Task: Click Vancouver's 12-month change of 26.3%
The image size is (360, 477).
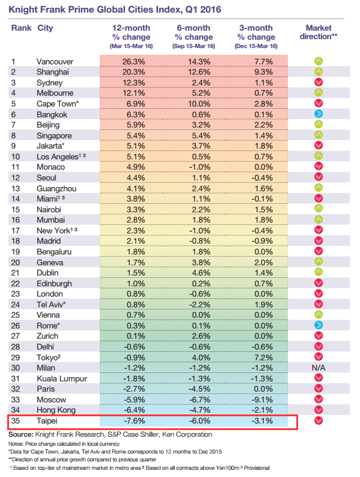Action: pyautogui.click(x=133, y=61)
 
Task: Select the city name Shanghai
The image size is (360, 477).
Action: pyautogui.click(x=53, y=72)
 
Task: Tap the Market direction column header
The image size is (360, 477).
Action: pyautogui.click(x=319, y=32)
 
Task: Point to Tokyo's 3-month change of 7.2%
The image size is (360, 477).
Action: pyautogui.click(x=263, y=357)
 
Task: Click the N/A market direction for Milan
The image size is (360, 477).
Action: pyautogui.click(x=319, y=368)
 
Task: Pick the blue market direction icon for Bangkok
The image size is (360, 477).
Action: pyautogui.click(x=319, y=114)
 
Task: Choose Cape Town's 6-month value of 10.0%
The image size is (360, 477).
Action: pyautogui.click(x=199, y=103)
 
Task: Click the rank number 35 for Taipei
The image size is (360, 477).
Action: pyautogui.click(x=16, y=420)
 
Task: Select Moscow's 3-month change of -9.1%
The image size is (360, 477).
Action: pyautogui.click(x=262, y=400)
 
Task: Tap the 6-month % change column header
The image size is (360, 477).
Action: pyautogui.click(x=194, y=37)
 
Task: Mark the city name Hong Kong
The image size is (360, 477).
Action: pyautogui.click(x=56, y=410)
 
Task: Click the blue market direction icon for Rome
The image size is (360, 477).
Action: pyautogui.click(x=319, y=325)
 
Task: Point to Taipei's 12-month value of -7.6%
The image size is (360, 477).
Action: pyautogui.click(x=134, y=420)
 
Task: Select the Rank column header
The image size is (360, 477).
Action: pyautogui.click(x=21, y=28)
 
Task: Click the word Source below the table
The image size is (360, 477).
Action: pyautogui.click(x=20, y=434)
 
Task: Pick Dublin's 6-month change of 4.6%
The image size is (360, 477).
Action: pyautogui.click(x=201, y=273)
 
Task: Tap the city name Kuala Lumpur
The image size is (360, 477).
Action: pyautogui.click(x=62, y=379)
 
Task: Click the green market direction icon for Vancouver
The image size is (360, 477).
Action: pyautogui.click(x=319, y=61)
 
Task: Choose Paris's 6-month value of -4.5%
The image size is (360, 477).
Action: pyautogui.click(x=200, y=389)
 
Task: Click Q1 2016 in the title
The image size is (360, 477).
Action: pyautogui.click(x=203, y=10)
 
